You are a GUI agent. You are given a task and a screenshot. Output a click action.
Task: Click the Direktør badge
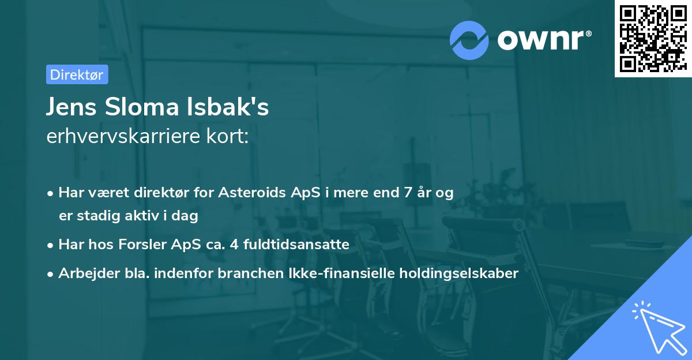(77, 74)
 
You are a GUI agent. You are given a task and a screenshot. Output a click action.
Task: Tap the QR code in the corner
(653, 39)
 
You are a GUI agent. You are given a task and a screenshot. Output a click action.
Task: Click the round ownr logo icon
(469, 39)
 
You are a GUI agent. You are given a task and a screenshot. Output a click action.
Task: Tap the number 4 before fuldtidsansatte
(233, 245)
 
